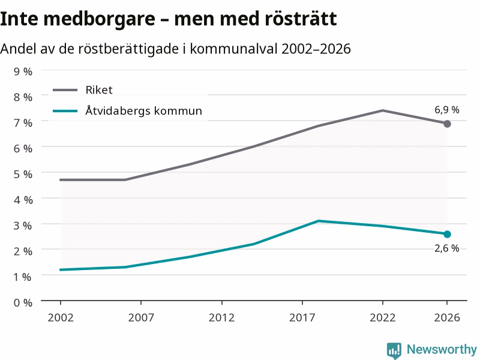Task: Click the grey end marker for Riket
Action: tap(447, 124)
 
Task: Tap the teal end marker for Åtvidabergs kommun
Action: tap(447, 234)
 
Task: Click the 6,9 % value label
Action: tap(447, 110)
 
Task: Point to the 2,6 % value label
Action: tap(447, 248)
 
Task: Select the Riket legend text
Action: tap(99, 90)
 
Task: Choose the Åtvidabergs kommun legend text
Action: tap(144, 110)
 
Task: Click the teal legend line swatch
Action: tap(65, 111)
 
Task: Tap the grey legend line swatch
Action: tap(65, 90)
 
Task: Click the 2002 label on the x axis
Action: tap(61, 317)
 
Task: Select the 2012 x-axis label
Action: tap(221, 317)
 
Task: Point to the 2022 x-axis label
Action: tap(383, 317)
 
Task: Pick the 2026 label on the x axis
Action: tap(447, 317)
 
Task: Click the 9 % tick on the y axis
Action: tap(23, 71)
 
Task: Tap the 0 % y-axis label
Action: tap(23, 303)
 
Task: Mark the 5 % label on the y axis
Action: tap(23, 174)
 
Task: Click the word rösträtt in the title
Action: tap(301, 19)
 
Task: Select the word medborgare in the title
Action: tap(100, 19)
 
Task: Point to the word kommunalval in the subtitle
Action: tap(233, 49)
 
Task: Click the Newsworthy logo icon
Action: tap(394, 350)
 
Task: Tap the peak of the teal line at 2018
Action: tap(319, 221)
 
